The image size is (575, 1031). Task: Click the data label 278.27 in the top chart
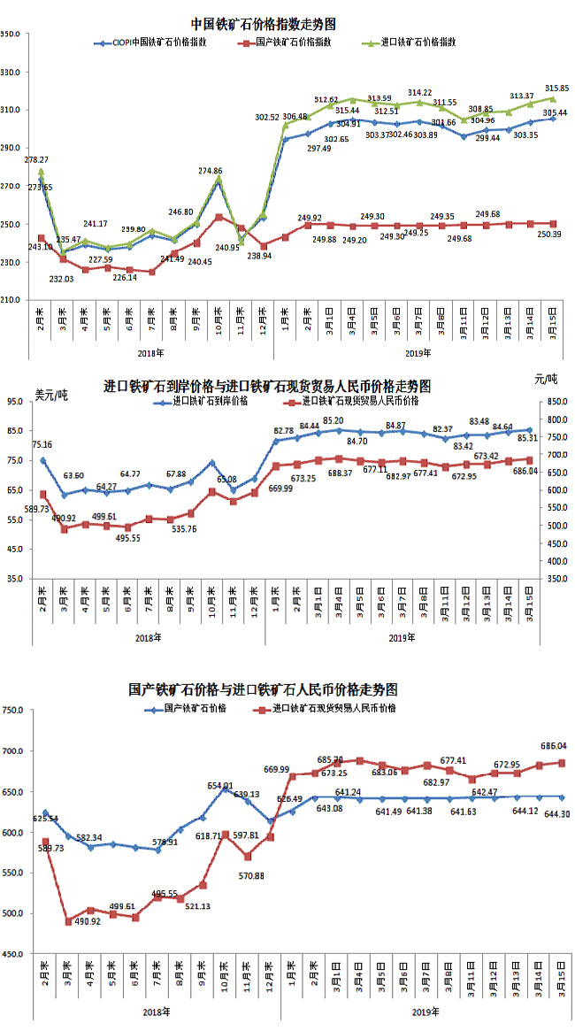[x=35, y=160]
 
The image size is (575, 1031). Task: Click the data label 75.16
[x=42, y=445]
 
